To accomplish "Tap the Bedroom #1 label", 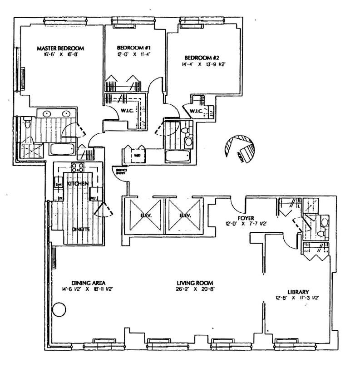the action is click(130, 48).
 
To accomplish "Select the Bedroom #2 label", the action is click(202, 58).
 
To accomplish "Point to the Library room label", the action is click(298, 292).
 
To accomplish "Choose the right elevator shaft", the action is click(184, 215).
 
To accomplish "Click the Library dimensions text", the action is click(298, 298).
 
